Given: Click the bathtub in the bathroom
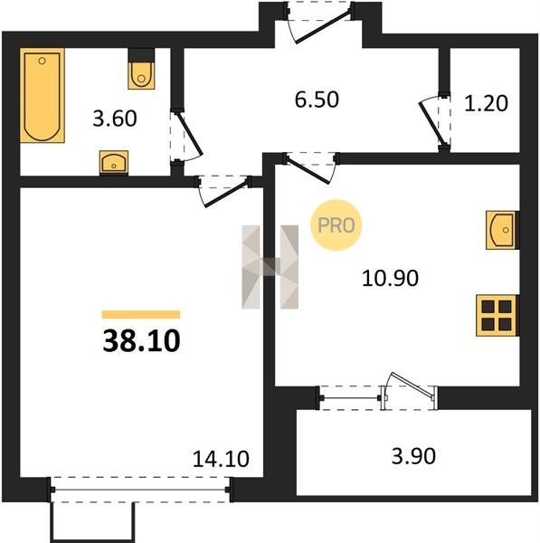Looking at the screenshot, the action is click(x=43, y=95).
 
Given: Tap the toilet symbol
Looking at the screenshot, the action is click(x=141, y=70).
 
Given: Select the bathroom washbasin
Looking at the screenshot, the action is click(x=114, y=162).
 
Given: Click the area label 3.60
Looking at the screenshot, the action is click(x=115, y=119).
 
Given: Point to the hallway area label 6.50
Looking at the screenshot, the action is click(x=317, y=100).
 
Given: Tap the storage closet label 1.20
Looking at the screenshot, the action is click(x=486, y=103).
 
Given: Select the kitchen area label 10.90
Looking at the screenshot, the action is click(x=390, y=278).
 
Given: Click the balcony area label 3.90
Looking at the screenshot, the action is click(x=413, y=456).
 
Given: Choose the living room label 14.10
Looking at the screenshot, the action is click(x=221, y=459).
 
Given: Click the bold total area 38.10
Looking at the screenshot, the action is click(x=142, y=341).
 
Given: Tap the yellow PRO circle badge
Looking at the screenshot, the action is click(x=336, y=225).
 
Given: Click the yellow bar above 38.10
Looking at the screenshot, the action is click(x=141, y=314).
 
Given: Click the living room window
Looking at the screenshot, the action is click(x=140, y=490).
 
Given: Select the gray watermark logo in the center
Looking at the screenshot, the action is click(x=270, y=267).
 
